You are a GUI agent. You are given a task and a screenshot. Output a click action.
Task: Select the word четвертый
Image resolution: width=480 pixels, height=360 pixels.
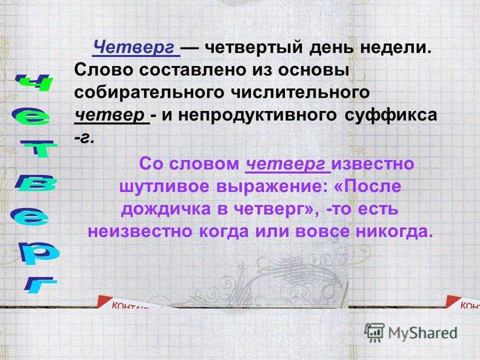pyautogui.click(x=254, y=48)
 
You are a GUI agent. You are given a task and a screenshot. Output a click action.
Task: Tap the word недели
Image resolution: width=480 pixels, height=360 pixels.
pyautogui.click(x=395, y=49)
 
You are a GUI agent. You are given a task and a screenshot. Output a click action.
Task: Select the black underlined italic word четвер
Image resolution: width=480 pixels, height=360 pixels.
pyautogui.click(x=109, y=115)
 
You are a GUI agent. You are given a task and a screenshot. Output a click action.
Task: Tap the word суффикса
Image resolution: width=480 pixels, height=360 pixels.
pyautogui.click(x=391, y=115)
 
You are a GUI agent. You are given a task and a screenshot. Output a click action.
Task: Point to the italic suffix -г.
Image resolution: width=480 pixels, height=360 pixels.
pyautogui.click(x=83, y=139)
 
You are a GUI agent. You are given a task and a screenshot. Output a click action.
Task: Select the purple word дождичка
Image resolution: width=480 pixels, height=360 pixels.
pyautogui.click(x=166, y=209)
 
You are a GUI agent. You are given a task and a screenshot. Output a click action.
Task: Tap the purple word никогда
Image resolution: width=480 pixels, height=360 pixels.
pyautogui.click(x=394, y=232)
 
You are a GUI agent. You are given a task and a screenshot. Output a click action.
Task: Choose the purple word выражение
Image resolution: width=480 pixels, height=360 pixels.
pyautogui.click(x=269, y=187)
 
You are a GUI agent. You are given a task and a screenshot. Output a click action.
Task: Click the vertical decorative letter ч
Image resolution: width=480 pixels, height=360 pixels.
pyautogui.click(x=34, y=82)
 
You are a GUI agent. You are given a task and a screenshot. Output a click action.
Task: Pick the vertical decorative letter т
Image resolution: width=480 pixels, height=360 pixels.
pyautogui.click(x=38, y=148)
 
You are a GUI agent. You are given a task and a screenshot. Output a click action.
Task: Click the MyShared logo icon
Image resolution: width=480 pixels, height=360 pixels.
pyautogui.click(x=374, y=332)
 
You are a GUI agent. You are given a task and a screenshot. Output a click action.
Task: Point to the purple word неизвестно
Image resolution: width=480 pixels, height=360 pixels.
pyautogui.click(x=141, y=232)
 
